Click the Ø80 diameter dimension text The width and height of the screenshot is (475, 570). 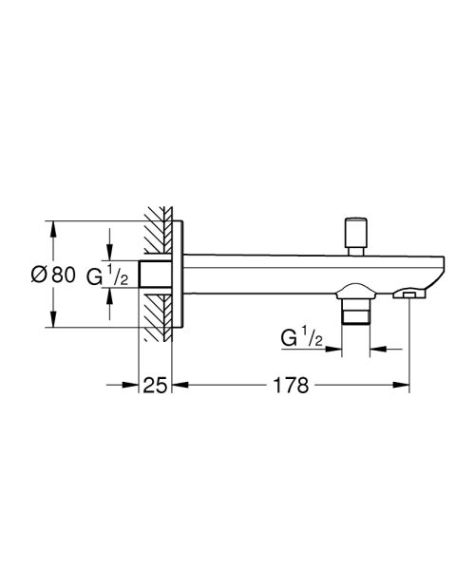click(53, 275)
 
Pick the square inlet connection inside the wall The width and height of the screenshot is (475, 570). click(155, 275)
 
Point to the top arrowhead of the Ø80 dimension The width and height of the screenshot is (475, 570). click(53, 228)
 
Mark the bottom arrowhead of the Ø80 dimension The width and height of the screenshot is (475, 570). click(53, 322)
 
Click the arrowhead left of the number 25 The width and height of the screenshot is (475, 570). click(133, 385)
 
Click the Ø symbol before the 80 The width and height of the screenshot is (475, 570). click(38, 275)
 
